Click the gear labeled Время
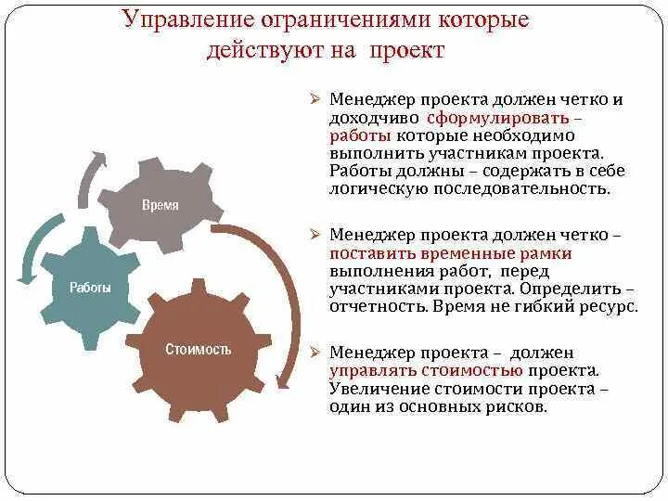160,205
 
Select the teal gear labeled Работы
90,288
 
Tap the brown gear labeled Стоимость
198,350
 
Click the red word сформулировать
499,119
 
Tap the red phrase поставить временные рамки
450,253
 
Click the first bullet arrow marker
315,101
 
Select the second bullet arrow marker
315,237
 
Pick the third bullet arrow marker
315,353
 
